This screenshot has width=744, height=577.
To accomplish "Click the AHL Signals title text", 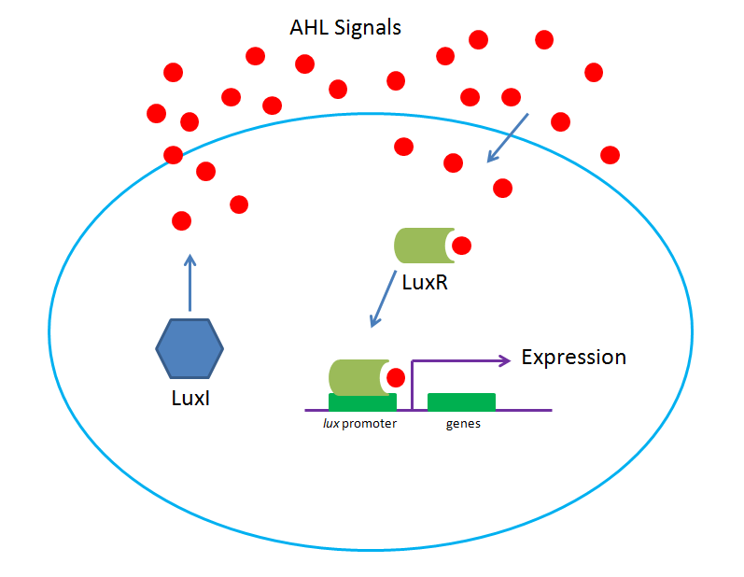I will [x=345, y=27].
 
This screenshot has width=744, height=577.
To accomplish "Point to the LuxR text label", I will [x=425, y=281].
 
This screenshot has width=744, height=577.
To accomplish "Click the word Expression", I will [x=573, y=358].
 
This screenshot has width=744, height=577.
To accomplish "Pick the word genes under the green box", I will [x=461, y=424].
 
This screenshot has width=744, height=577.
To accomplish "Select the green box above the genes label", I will [x=461, y=401].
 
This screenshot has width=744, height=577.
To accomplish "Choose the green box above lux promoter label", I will [x=362, y=401].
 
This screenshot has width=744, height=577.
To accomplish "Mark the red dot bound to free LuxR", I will [x=461, y=246].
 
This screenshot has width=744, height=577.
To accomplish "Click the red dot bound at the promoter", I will [x=395, y=378].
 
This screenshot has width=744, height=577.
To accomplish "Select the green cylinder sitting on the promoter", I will [x=356, y=377].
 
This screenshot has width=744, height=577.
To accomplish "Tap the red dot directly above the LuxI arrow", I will [x=182, y=221].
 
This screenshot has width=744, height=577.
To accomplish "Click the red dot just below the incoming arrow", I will [x=502, y=188].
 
